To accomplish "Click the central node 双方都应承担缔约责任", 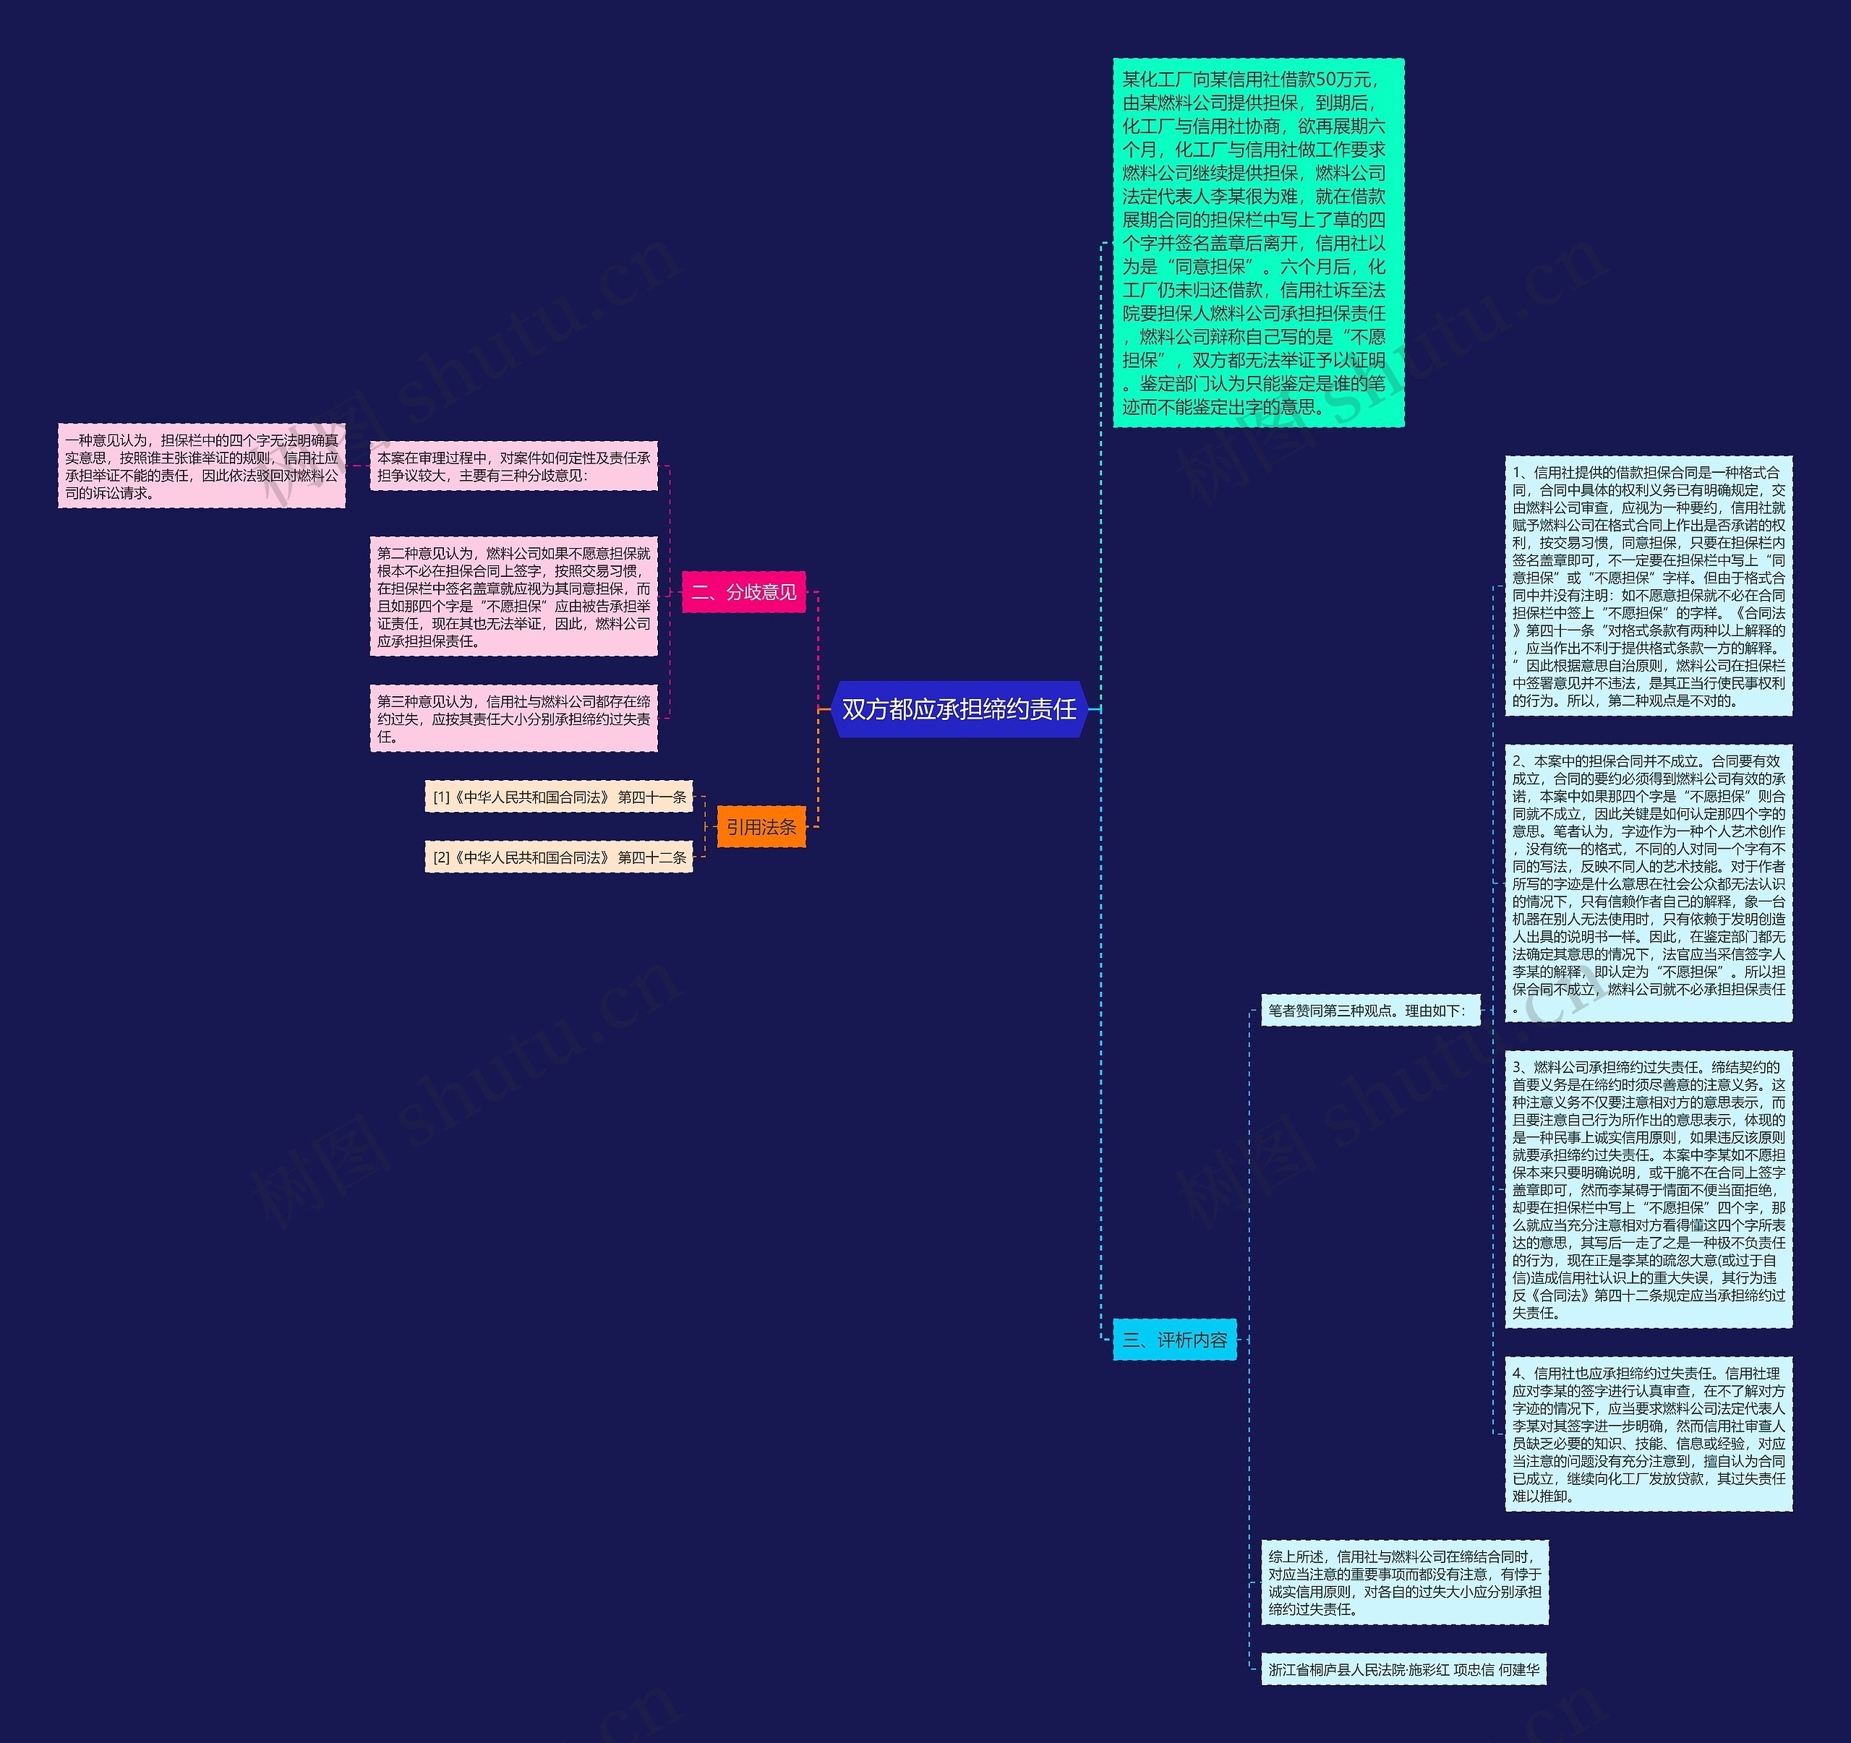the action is pyautogui.click(x=959, y=709).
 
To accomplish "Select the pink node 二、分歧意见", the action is pyautogui.click(x=743, y=592).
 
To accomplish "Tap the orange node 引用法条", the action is pyautogui.click(x=761, y=827).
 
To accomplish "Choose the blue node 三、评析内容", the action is pyautogui.click(x=1174, y=1340).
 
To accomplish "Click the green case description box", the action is pyautogui.click(x=1257, y=243).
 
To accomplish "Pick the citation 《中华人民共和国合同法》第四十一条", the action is pyautogui.click(x=559, y=797).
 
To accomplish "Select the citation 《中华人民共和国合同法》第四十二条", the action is pyautogui.click(x=559, y=857).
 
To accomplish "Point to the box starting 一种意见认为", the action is pyautogui.click(x=201, y=466).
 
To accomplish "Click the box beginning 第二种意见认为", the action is pyautogui.click(x=513, y=597).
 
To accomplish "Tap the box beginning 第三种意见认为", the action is pyautogui.click(x=513, y=719).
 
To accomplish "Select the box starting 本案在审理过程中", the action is pyautogui.click(x=513, y=466).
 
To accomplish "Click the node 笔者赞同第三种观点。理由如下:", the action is pyautogui.click(x=1369, y=1010).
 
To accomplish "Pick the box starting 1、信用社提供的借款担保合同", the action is pyautogui.click(x=1648, y=586).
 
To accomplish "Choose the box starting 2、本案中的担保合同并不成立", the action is pyautogui.click(x=1648, y=883).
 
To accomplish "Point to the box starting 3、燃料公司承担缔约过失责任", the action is pyautogui.click(x=1648, y=1190).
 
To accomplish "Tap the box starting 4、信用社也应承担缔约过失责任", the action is pyautogui.click(x=1648, y=1434).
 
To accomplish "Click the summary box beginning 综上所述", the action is pyautogui.click(x=1404, y=1582).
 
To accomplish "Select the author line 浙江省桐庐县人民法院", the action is pyautogui.click(x=1404, y=1669).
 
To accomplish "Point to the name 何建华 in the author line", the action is pyautogui.click(x=1518, y=1669).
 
